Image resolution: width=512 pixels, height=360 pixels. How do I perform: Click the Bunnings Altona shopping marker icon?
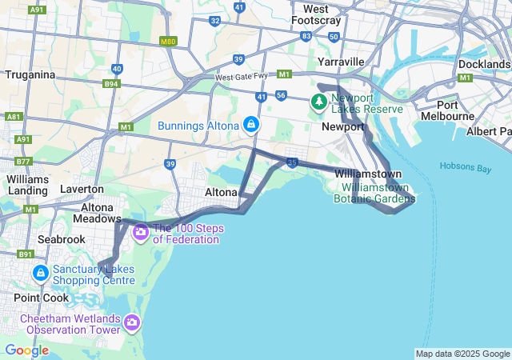point(251,125)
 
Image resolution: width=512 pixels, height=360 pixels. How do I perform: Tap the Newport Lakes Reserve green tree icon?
point(319,101)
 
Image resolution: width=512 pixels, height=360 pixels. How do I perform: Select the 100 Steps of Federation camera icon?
point(141,233)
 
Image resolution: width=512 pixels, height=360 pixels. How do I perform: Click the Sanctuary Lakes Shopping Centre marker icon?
point(40,274)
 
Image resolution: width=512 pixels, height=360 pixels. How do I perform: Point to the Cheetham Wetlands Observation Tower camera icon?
point(132,324)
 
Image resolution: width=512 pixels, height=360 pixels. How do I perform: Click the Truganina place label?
point(30,75)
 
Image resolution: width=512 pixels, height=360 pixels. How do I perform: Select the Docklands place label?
point(484,64)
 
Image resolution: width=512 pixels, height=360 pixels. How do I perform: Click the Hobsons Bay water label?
point(466,166)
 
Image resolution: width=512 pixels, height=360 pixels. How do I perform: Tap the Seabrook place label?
point(60,239)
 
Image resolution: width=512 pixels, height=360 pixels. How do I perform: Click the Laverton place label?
point(83,190)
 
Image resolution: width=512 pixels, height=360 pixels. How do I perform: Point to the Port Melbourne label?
point(459,110)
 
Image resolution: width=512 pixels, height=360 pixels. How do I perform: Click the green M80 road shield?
point(167,42)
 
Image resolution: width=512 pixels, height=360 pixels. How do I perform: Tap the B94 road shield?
point(110,82)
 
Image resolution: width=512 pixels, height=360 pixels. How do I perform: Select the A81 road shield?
point(13,117)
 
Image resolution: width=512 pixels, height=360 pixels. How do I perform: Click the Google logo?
point(26,350)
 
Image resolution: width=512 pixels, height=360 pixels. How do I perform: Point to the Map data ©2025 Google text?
point(462,354)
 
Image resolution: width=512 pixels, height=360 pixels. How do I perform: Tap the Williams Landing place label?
point(28,185)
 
